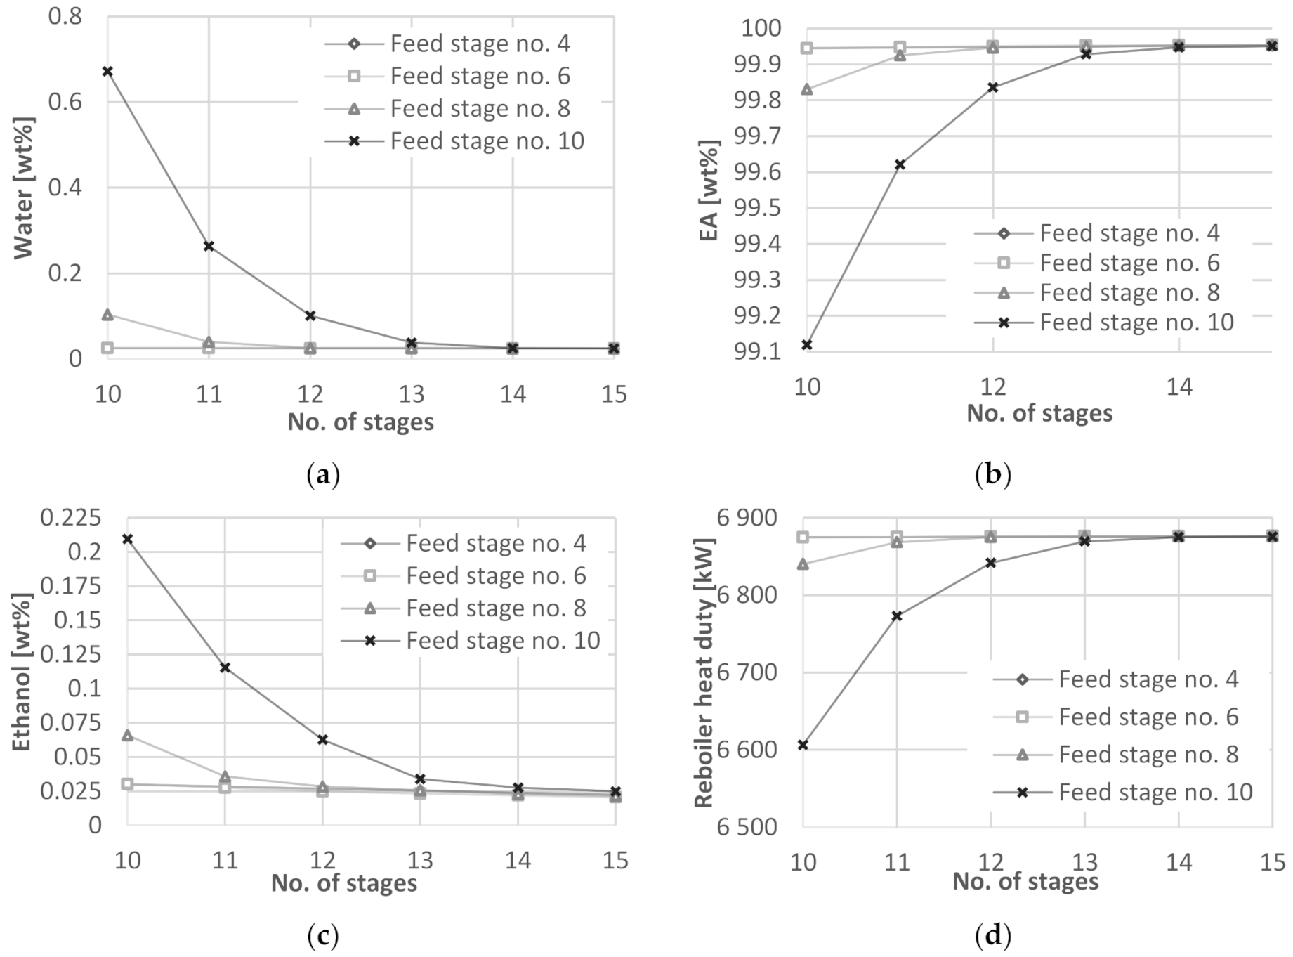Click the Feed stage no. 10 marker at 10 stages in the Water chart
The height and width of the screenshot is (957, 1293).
coord(107,72)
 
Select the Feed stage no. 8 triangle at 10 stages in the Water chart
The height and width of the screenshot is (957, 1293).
coord(107,315)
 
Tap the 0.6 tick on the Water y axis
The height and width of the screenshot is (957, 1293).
coord(65,103)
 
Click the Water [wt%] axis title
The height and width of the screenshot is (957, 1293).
coord(23,188)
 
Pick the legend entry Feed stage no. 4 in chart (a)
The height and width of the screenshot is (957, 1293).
coord(480,44)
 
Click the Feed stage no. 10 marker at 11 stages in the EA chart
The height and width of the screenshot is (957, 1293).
coord(900,164)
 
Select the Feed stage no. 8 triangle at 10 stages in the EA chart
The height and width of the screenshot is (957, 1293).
coord(807,89)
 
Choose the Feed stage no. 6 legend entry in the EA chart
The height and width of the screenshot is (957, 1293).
coord(1129,263)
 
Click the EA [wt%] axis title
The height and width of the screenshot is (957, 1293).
coord(709,190)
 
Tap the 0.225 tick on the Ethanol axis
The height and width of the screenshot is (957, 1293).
coord(70,518)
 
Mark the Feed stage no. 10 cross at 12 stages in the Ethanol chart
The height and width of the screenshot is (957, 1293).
coord(323,740)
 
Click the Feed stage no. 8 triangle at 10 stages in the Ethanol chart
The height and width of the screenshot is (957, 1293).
coord(128,736)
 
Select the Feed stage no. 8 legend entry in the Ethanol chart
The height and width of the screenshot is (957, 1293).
coord(496,608)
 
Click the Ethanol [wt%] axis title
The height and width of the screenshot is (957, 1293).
coord(22,672)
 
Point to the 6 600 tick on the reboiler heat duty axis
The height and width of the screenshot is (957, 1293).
coord(747,750)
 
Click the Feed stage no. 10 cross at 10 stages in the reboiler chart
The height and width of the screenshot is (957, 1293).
coord(803,745)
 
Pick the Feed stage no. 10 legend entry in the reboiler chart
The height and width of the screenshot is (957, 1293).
coord(1155,793)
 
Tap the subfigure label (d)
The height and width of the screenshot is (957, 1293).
coord(992,935)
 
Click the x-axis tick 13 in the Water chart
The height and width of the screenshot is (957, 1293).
coord(412,394)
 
